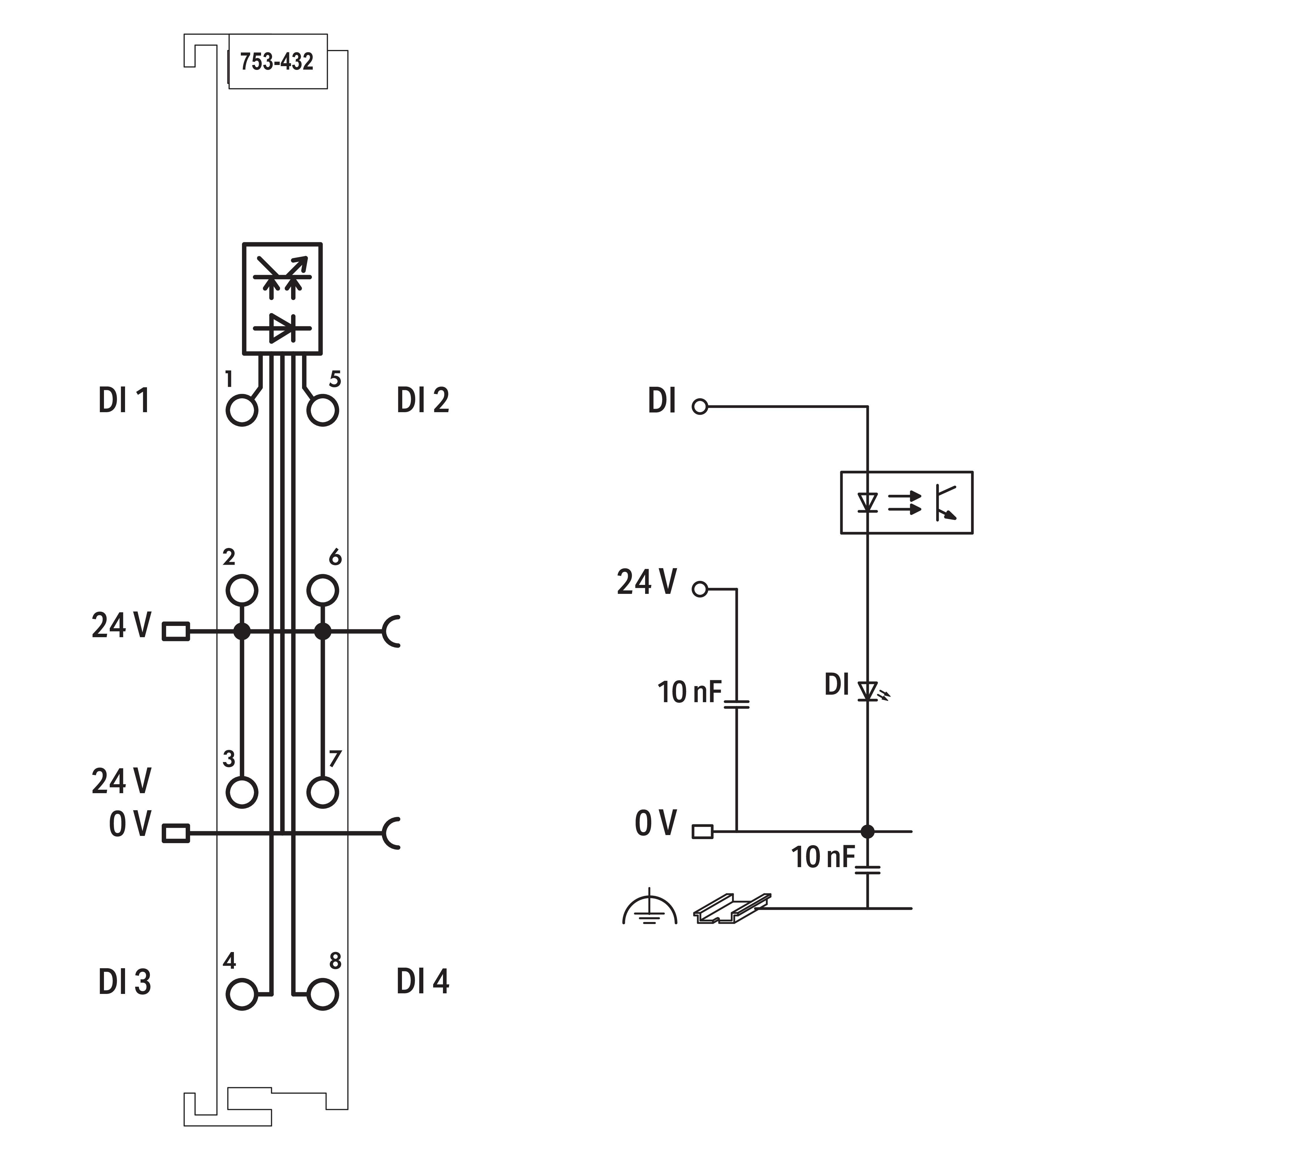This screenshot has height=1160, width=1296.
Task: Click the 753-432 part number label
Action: click(277, 62)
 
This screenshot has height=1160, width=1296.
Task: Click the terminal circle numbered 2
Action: click(242, 590)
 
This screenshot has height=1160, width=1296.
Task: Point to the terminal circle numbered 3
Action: click(242, 792)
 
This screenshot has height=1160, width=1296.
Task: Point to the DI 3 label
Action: click(124, 982)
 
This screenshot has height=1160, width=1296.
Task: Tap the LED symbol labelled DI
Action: click(868, 690)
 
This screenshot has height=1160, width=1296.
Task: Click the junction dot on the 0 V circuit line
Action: click(867, 831)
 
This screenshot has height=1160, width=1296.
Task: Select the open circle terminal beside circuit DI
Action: click(700, 407)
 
